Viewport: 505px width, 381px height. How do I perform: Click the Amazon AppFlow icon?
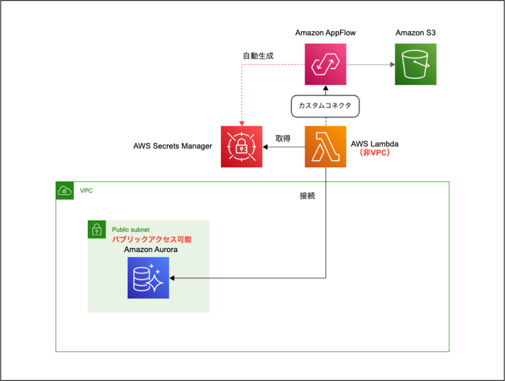coord(326,64)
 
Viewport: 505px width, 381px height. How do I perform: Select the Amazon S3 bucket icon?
coord(416,64)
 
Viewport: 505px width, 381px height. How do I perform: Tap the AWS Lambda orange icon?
coord(326,147)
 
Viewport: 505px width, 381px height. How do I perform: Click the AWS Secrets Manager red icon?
coord(241,147)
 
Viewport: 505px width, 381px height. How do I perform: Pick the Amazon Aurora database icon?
coord(148,278)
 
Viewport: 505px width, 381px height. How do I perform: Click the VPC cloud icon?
coord(64,190)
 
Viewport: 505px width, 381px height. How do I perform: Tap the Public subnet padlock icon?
coord(97,229)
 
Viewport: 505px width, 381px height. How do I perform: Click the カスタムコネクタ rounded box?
coord(326,106)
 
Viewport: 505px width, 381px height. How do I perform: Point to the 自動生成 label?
coord(258,55)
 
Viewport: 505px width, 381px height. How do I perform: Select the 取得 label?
coord(283,138)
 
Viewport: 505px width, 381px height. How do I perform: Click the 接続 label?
coord(308,196)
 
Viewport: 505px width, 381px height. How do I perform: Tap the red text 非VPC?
coord(374,153)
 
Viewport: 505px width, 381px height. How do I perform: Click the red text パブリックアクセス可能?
coord(151,239)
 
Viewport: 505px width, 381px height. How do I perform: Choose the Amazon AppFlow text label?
coord(325,33)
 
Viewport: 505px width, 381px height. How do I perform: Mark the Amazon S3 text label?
coord(415,33)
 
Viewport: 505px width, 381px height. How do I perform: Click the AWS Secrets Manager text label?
coord(173,146)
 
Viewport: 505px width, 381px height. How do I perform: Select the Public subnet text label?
coord(130,229)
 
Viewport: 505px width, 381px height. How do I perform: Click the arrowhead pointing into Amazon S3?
coord(392,65)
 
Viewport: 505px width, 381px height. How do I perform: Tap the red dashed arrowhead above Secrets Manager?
coord(241,123)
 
